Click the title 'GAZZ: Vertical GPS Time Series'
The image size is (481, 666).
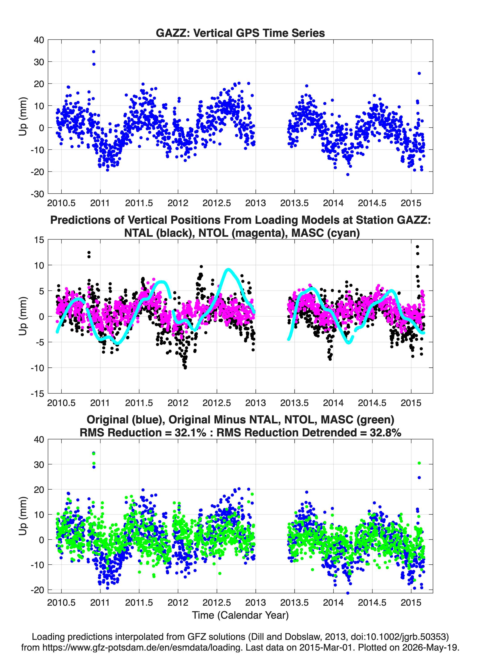pos(240,33)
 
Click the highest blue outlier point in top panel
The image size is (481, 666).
pos(94,52)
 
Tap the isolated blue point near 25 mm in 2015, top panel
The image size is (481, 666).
pos(419,73)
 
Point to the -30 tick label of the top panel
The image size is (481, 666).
pos(37,194)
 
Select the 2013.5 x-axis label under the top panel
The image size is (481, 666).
pos(295,203)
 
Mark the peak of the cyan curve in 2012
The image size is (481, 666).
pos(228,269)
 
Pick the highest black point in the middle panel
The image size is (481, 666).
pos(417,247)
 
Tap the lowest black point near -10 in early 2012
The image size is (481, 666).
pos(185,368)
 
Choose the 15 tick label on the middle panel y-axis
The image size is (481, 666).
pos(39,240)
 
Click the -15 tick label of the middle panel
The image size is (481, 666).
pos(37,394)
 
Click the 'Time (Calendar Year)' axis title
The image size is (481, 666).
pos(240,615)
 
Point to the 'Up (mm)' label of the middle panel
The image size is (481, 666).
pos(23,316)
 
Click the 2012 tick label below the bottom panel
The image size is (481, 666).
pos(178,603)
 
